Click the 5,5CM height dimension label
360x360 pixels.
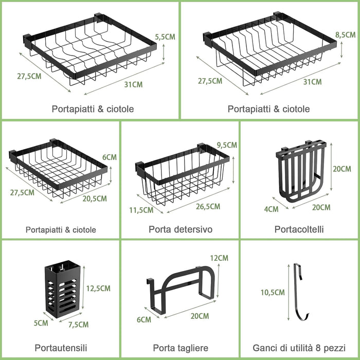click(165, 37)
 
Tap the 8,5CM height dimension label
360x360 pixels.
click(345, 35)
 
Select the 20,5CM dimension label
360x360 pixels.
click(95, 199)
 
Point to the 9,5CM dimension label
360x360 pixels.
click(227, 145)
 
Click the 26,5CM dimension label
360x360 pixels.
click(208, 207)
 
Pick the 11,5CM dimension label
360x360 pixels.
click(141, 210)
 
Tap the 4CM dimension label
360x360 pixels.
click(271, 209)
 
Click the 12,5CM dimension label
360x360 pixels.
click(98, 289)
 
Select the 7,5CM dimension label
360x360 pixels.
click(78, 325)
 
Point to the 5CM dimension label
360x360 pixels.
click(41, 323)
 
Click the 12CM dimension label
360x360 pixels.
click(219, 258)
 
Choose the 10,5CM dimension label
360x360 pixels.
click(273, 293)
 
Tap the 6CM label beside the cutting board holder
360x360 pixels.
click(144, 319)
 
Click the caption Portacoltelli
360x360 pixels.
click(299, 229)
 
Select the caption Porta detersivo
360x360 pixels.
click(181, 229)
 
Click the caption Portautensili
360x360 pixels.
click(61, 348)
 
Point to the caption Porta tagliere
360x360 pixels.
click(181, 348)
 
